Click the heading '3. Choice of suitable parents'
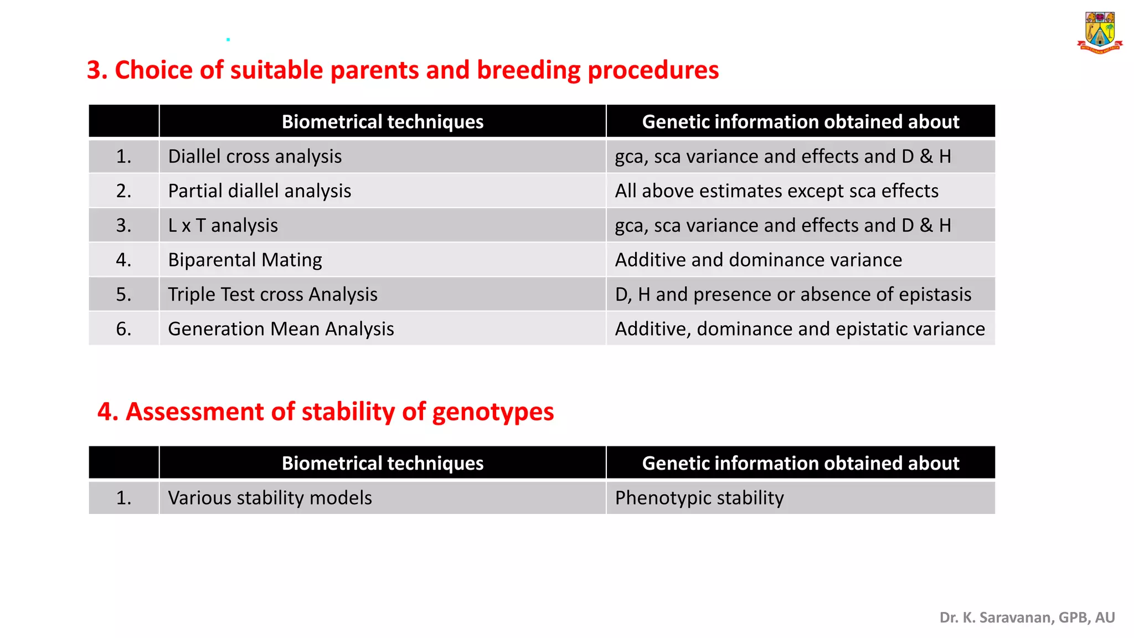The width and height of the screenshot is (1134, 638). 403,70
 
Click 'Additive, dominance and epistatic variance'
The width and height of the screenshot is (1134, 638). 800,329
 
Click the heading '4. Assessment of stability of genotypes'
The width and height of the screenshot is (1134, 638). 326,412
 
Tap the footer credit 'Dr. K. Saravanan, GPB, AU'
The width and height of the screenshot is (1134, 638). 1027,618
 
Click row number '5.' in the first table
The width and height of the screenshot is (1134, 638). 123,295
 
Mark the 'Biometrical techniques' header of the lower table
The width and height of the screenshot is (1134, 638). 382,463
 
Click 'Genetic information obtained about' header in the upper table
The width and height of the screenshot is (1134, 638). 800,122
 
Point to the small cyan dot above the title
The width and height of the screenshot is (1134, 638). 228,39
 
